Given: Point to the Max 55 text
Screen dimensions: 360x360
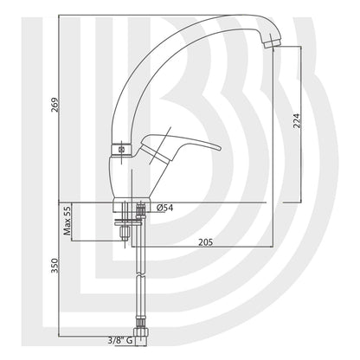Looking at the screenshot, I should tap(67, 222).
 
